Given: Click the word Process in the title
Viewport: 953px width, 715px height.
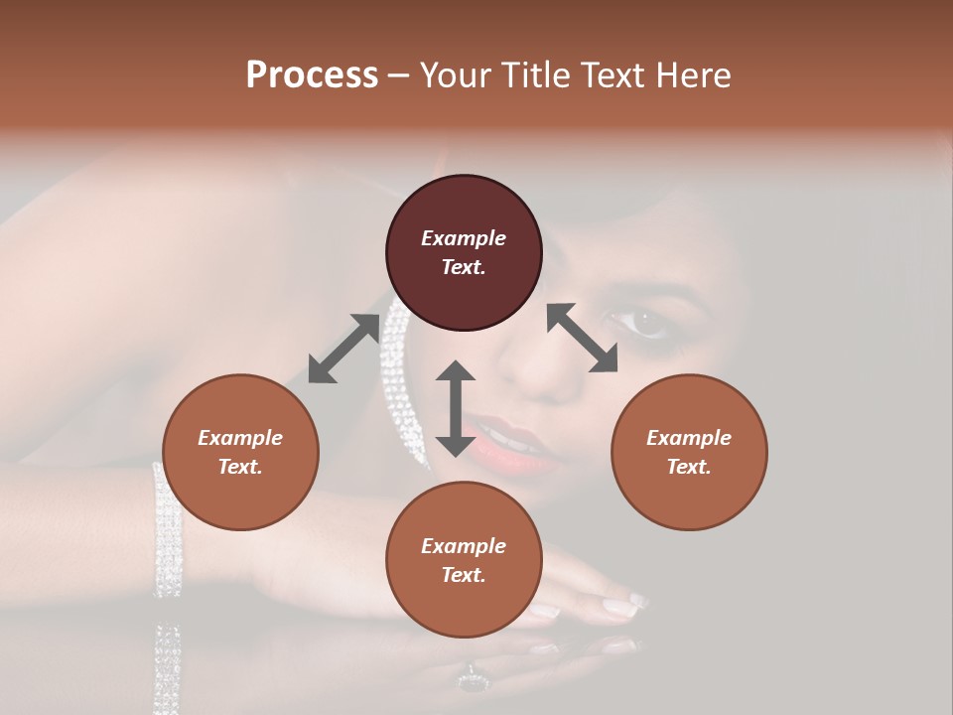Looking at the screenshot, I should coord(312,75).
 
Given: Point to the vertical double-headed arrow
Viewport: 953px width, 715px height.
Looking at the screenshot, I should coord(456,408).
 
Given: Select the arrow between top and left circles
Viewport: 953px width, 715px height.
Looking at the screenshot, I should coord(343,349).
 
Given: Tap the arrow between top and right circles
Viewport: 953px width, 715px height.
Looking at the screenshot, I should coord(582,338).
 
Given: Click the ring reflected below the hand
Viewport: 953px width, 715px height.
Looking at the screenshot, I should coord(471,681).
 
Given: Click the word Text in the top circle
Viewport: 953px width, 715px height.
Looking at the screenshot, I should coord(464,267).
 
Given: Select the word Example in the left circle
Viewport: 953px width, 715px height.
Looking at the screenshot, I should coord(240,438).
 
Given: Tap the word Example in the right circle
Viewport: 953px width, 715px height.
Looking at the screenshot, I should coord(688,438).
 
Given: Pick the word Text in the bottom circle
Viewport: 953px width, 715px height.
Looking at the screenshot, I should coord(464,575).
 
